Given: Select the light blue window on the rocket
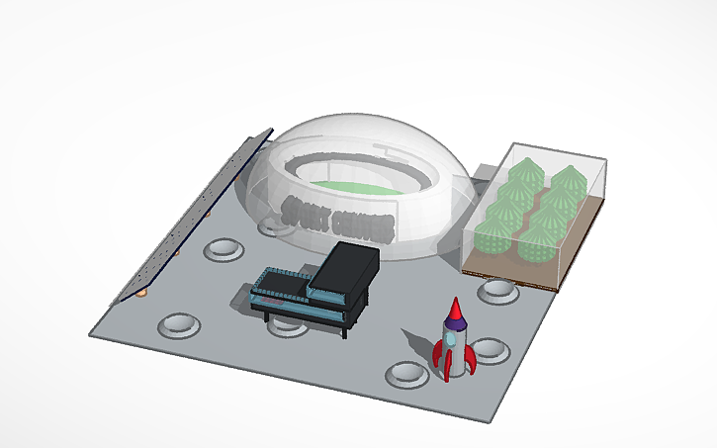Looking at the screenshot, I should (452, 338).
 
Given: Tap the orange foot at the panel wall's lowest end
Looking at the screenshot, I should (141, 294).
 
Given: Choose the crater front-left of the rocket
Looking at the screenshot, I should (406, 373).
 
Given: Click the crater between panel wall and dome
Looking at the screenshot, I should (224, 247).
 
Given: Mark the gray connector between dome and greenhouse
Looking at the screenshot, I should (485, 172).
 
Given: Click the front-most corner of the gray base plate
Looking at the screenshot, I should (493, 421).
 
